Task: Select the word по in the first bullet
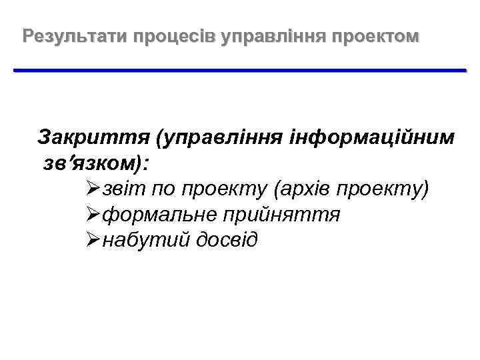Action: point(165,189)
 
